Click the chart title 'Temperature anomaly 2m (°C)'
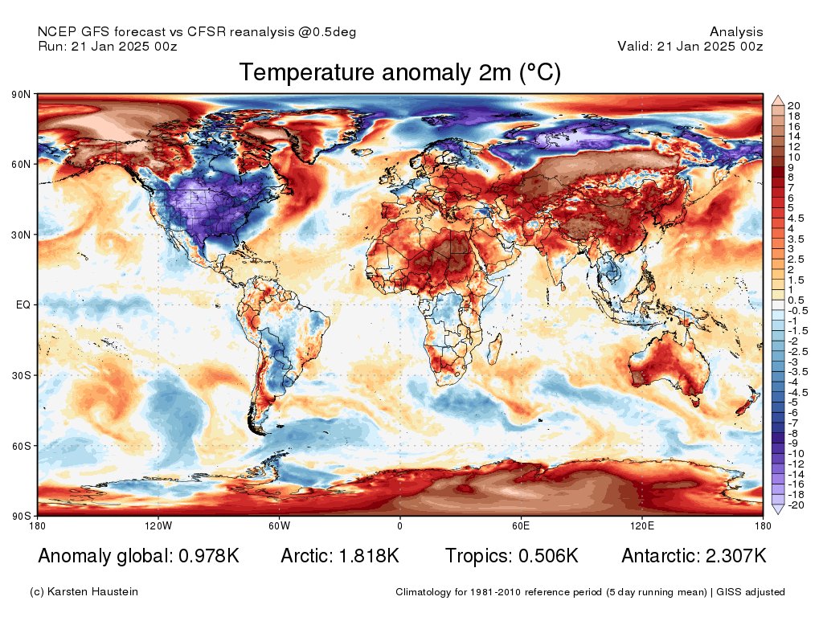pyautogui.click(x=399, y=72)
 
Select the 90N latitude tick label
pyautogui.click(x=21, y=95)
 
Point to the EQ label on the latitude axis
pyautogui.click(x=23, y=305)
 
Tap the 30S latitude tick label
pyautogui.click(x=21, y=375)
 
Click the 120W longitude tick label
pyautogui.click(x=158, y=526)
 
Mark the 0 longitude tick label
pyautogui.click(x=399, y=526)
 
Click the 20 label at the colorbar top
pyautogui.click(x=793, y=106)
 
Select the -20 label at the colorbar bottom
pyautogui.click(x=796, y=505)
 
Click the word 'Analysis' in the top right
pyautogui.click(x=736, y=32)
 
